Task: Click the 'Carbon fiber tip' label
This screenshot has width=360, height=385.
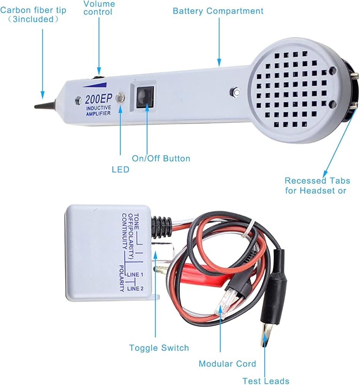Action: (x=33, y=10)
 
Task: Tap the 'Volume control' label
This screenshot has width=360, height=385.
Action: (x=99, y=8)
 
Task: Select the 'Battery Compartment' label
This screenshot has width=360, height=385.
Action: (x=218, y=11)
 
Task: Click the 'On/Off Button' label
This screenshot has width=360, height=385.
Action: (x=161, y=158)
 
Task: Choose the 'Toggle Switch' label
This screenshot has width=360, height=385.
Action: (x=159, y=348)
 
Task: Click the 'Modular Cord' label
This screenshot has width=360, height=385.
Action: (x=227, y=364)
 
